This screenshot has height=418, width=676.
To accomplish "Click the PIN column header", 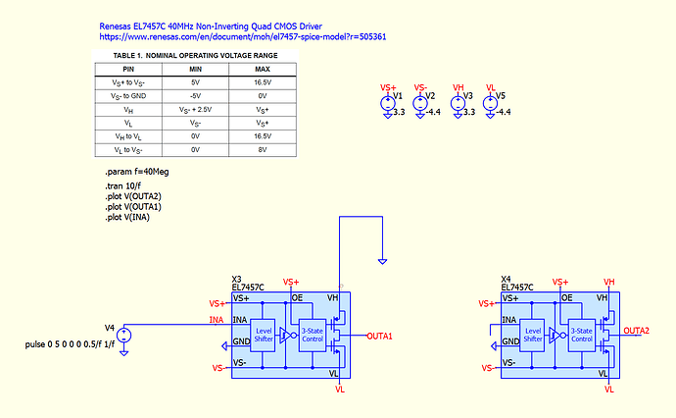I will point(127,69).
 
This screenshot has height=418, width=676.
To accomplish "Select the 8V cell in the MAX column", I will point(263,150).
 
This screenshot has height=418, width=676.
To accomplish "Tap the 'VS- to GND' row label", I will point(127,96).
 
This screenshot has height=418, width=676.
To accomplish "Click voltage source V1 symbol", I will point(388,105).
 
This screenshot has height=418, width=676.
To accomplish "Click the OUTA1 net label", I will point(379,337).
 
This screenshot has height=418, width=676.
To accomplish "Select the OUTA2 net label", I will point(639,330).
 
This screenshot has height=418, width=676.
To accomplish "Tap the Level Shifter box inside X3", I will point(263,335).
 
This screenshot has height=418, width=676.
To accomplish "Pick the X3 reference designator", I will point(236,279).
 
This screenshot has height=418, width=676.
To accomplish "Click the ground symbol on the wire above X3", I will point(382,261).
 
